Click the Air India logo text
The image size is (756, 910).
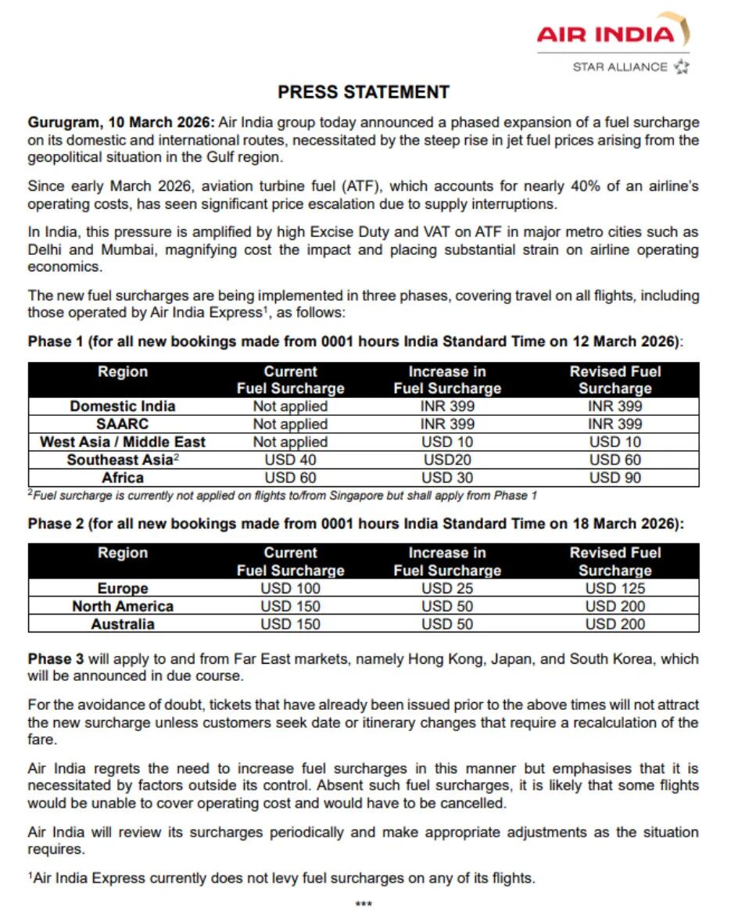point(605,34)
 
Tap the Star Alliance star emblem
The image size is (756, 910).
point(681,66)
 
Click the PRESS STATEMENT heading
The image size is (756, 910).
point(364,92)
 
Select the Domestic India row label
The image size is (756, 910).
point(122,406)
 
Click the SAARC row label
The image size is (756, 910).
point(122,424)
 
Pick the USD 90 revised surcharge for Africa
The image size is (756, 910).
point(614,478)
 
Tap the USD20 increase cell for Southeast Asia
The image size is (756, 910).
point(447,460)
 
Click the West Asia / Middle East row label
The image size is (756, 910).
point(122,442)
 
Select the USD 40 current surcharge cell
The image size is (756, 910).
point(290,460)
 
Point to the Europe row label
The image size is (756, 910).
point(122,589)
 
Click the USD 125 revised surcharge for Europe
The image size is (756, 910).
point(614,589)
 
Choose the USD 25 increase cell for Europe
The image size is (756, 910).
point(447,589)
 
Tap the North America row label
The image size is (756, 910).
point(122,606)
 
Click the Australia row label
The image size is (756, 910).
point(122,624)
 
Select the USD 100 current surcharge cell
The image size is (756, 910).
point(290,589)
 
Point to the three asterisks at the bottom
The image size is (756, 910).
point(364,904)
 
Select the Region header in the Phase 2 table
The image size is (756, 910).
point(122,553)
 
